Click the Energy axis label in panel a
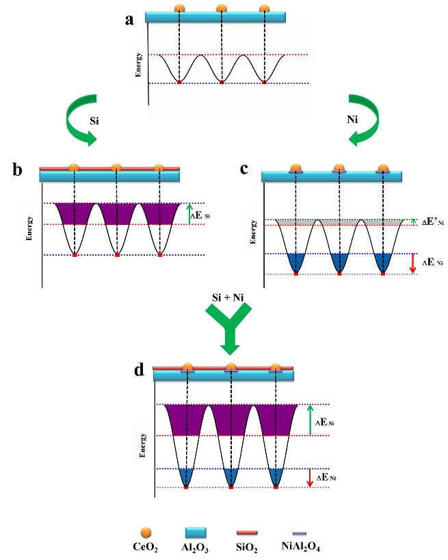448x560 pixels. (x=139, y=64)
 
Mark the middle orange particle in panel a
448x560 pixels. (x=222, y=9)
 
